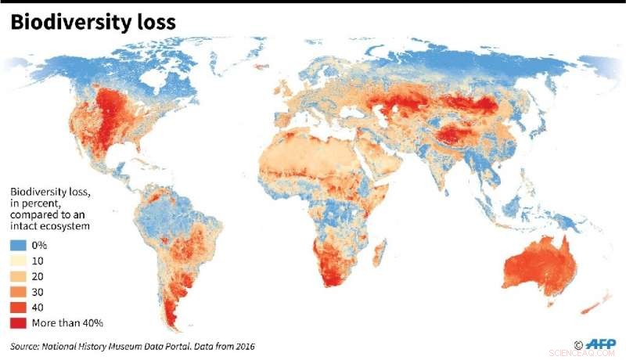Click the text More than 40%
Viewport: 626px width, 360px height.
click(68, 322)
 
